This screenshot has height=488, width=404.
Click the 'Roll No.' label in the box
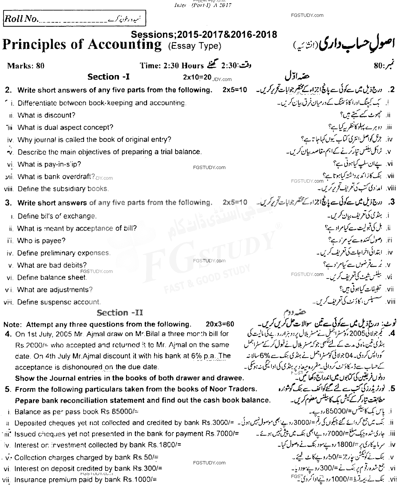21,19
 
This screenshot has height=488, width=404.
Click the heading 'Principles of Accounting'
82,44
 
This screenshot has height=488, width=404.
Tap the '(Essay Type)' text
195,46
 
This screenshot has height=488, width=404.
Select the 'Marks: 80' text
26,66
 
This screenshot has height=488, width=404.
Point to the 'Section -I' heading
109,77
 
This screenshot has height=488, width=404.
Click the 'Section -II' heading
120,313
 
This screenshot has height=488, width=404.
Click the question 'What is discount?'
47,115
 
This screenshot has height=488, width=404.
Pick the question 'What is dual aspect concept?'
65,128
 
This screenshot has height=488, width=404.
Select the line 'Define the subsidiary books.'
63,189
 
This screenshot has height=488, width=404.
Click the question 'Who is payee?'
41,241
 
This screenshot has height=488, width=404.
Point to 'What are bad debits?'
52,265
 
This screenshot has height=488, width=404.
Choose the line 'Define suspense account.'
59,302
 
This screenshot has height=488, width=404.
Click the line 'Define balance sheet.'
52,278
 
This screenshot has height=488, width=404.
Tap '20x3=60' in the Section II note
220,324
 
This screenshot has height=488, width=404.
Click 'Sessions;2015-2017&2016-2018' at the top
204,34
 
